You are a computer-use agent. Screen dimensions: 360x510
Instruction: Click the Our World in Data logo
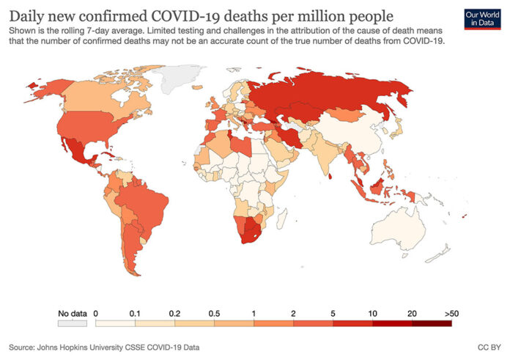click(x=481, y=18)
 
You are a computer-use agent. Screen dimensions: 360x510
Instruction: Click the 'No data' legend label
click(x=72, y=313)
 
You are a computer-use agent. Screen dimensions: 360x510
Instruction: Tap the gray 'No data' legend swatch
click(x=72, y=323)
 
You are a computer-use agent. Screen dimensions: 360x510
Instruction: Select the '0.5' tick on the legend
click(x=215, y=313)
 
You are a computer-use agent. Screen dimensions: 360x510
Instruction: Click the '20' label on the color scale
click(x=413, y=313)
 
